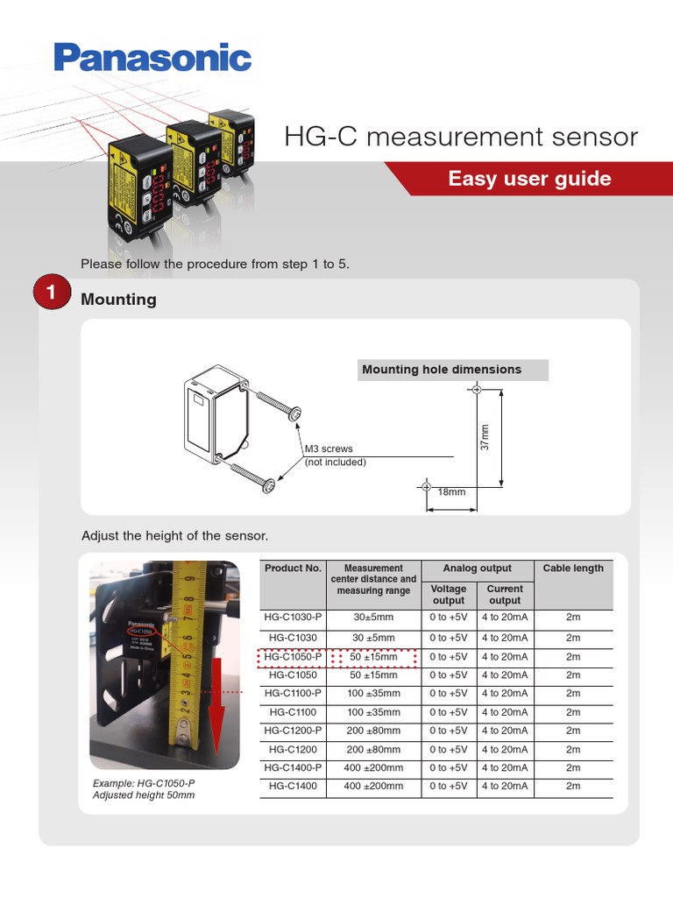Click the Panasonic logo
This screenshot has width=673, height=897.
(x=152, y=58)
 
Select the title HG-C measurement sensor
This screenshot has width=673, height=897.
(x=461, y=137)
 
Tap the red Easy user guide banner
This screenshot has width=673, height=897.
(x=529, y=179)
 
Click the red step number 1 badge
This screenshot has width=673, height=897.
(x=52, y=295)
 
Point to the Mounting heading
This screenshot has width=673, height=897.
(x=118, y=300)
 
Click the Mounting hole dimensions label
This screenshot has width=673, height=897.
(x=442, y=370)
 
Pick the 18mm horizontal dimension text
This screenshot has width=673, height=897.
(x=451, y=492)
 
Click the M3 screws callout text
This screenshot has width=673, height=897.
(x=329, y=449)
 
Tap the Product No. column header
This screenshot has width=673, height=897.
(x=293, y=568)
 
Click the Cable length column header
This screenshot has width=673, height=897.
(x=573, y=568)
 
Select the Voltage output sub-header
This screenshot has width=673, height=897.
(x=449, y=595)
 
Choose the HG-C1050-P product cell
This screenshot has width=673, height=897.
(x=293, y=656)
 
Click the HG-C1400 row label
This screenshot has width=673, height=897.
(x=293, y=786)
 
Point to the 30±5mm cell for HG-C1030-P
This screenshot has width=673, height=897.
(x=373, y=617)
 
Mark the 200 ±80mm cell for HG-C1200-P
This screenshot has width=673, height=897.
(x=373, y=731)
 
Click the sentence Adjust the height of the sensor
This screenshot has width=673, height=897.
(x=174, y=535)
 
